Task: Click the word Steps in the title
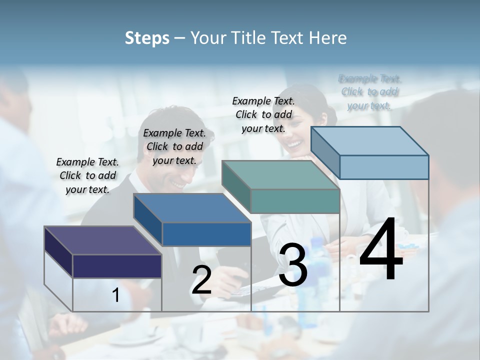coord(147,38)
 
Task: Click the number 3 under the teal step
coord(293,265)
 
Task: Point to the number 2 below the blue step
coord(201,280)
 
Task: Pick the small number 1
coord(116,295)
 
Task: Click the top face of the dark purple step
coord(103,240)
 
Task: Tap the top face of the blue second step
coord(192,208)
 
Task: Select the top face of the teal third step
coord(281,175)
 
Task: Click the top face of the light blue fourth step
coord(370,140)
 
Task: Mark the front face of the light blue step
coord(384,167)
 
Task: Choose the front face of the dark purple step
coord(117,266)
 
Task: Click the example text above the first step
coord(87,175)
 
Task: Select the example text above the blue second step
coord(174,146)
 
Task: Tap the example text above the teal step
coord(263,114)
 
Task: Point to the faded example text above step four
coord(369,92)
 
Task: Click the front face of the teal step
coord(295,201)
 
